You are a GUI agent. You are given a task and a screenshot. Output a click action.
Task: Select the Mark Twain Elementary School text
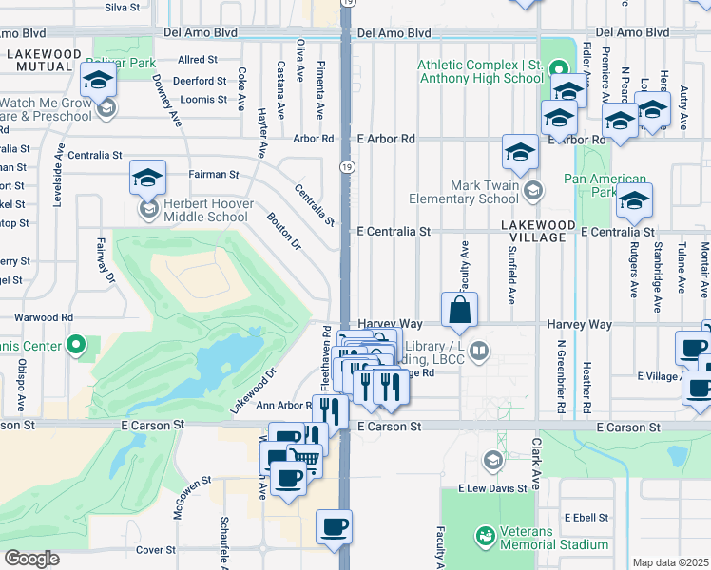point(463,193)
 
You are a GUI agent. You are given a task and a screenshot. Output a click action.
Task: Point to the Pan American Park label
point(605,185)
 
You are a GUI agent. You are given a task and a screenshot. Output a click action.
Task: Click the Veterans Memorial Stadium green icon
point(486,536)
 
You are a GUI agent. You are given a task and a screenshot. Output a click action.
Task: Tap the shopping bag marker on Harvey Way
point(460,310)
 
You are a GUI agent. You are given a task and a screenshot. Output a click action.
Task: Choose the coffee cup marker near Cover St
point(334,527)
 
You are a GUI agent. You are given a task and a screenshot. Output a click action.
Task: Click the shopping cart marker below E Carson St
point(304,460)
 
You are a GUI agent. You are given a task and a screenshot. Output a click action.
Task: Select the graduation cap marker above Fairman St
point(148,178)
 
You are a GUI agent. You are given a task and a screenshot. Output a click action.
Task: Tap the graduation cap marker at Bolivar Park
point(98,81)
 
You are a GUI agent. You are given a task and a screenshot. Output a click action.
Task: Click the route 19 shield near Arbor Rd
point(347,167)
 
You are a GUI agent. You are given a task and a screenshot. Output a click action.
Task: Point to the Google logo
point(31,559)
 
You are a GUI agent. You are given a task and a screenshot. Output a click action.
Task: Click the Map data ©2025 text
point(671,562)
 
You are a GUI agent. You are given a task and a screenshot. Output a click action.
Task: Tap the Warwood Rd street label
point(43,317)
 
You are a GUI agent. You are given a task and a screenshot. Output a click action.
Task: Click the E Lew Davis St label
point(491,488)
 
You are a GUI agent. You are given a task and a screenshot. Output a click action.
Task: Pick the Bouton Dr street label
point(283,230)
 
